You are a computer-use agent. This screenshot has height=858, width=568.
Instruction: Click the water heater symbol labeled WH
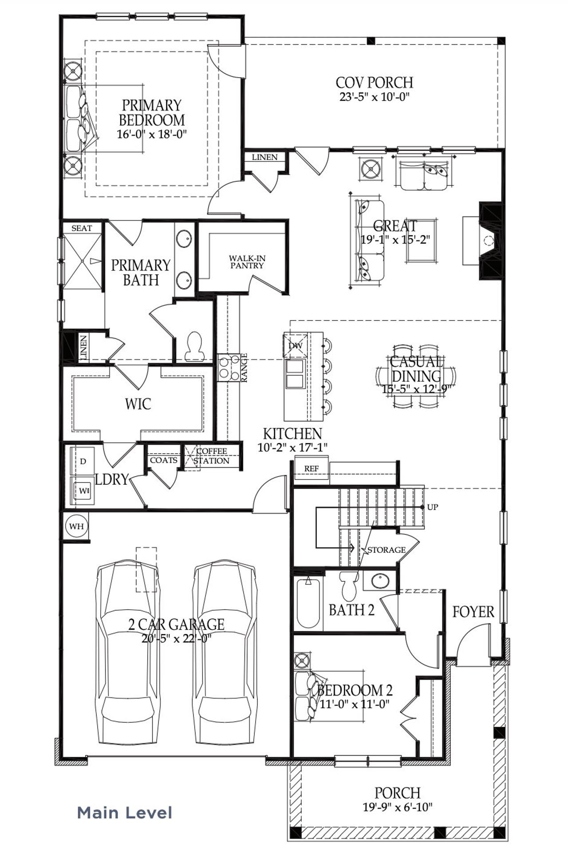[76, 526]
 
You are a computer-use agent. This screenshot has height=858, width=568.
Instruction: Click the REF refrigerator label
[311, 469]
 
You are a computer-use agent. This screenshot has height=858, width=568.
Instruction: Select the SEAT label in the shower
[82, 228]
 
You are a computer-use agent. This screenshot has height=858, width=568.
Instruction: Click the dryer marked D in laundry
[83, 462]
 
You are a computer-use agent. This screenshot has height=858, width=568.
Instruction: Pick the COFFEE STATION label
[212, 456]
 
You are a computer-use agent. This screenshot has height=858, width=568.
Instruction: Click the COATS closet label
[164, 460]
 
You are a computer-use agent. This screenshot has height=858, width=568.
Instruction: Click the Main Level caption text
[125, 813]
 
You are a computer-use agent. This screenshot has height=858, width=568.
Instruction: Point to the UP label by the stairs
[432, 507]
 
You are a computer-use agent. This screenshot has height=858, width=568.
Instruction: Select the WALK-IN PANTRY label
[247, 262]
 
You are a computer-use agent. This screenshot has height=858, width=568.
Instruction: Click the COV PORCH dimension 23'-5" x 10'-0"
[374, 97]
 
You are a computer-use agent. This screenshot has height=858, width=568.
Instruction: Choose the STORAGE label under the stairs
[387, 550]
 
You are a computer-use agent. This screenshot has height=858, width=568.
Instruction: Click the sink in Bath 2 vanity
[380, 581]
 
